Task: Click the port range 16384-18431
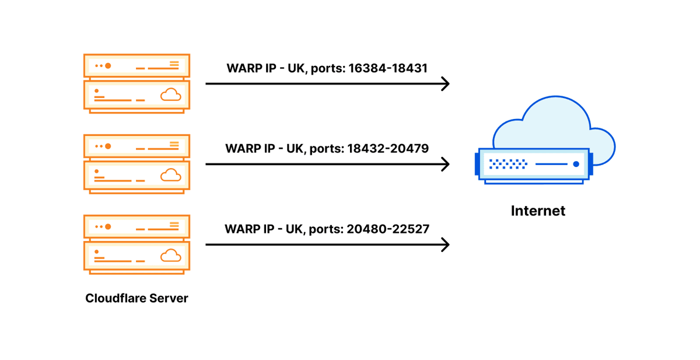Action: tap(388, 68)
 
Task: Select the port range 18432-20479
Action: tap(388, 148)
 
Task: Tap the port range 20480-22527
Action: tap(388, 229)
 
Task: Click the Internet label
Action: tap(538, 211)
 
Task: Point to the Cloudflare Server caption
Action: tap(136, 298)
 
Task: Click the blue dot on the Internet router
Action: tap(576, 164)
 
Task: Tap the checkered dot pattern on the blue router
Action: tap(508, 164)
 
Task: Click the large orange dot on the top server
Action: tap(108, 65)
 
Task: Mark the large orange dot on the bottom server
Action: tap(108, 226)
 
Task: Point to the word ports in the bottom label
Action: tap(325, 229)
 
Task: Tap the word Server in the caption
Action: tap(169, 298)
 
